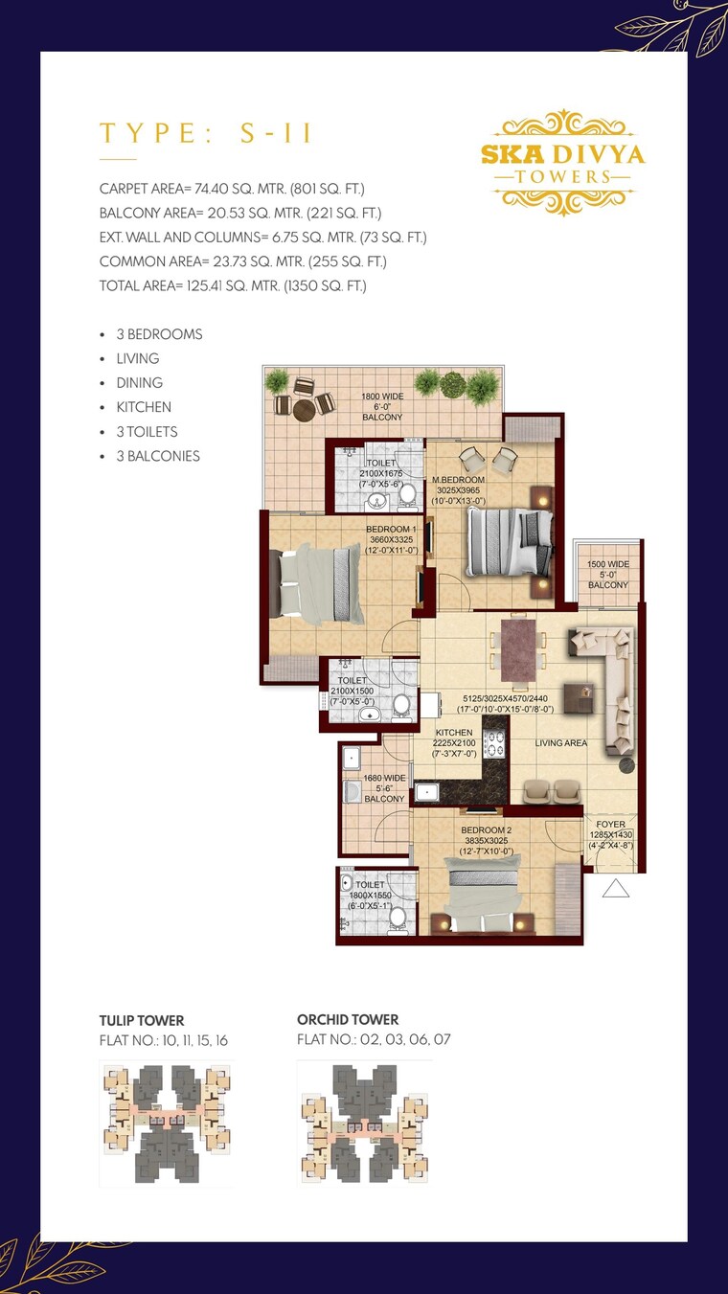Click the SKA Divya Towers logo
point(562,161)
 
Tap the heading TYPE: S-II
point(206,133)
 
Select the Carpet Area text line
point(232,189)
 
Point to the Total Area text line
point(233,285)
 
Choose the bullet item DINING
point(139,382)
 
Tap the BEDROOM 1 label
point(390,529)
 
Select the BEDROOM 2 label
point(486,829)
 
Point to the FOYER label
point(610,824)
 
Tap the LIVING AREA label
point(561,742)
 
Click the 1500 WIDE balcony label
point(607,565)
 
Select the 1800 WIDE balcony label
point(381,397)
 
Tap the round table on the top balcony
point(305,409)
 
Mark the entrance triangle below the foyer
point(615,890)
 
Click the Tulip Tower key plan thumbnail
point(165,1123)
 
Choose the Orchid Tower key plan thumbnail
point(364,1123)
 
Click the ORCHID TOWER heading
point(348,1019)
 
